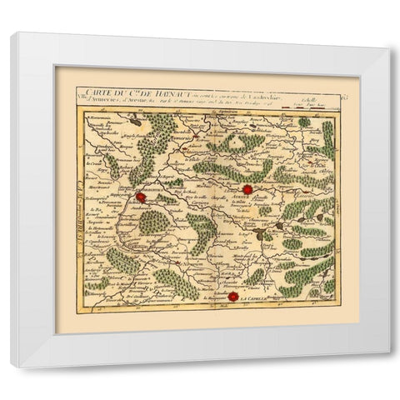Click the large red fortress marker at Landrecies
coord(142,198)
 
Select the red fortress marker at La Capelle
coord(232,297)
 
